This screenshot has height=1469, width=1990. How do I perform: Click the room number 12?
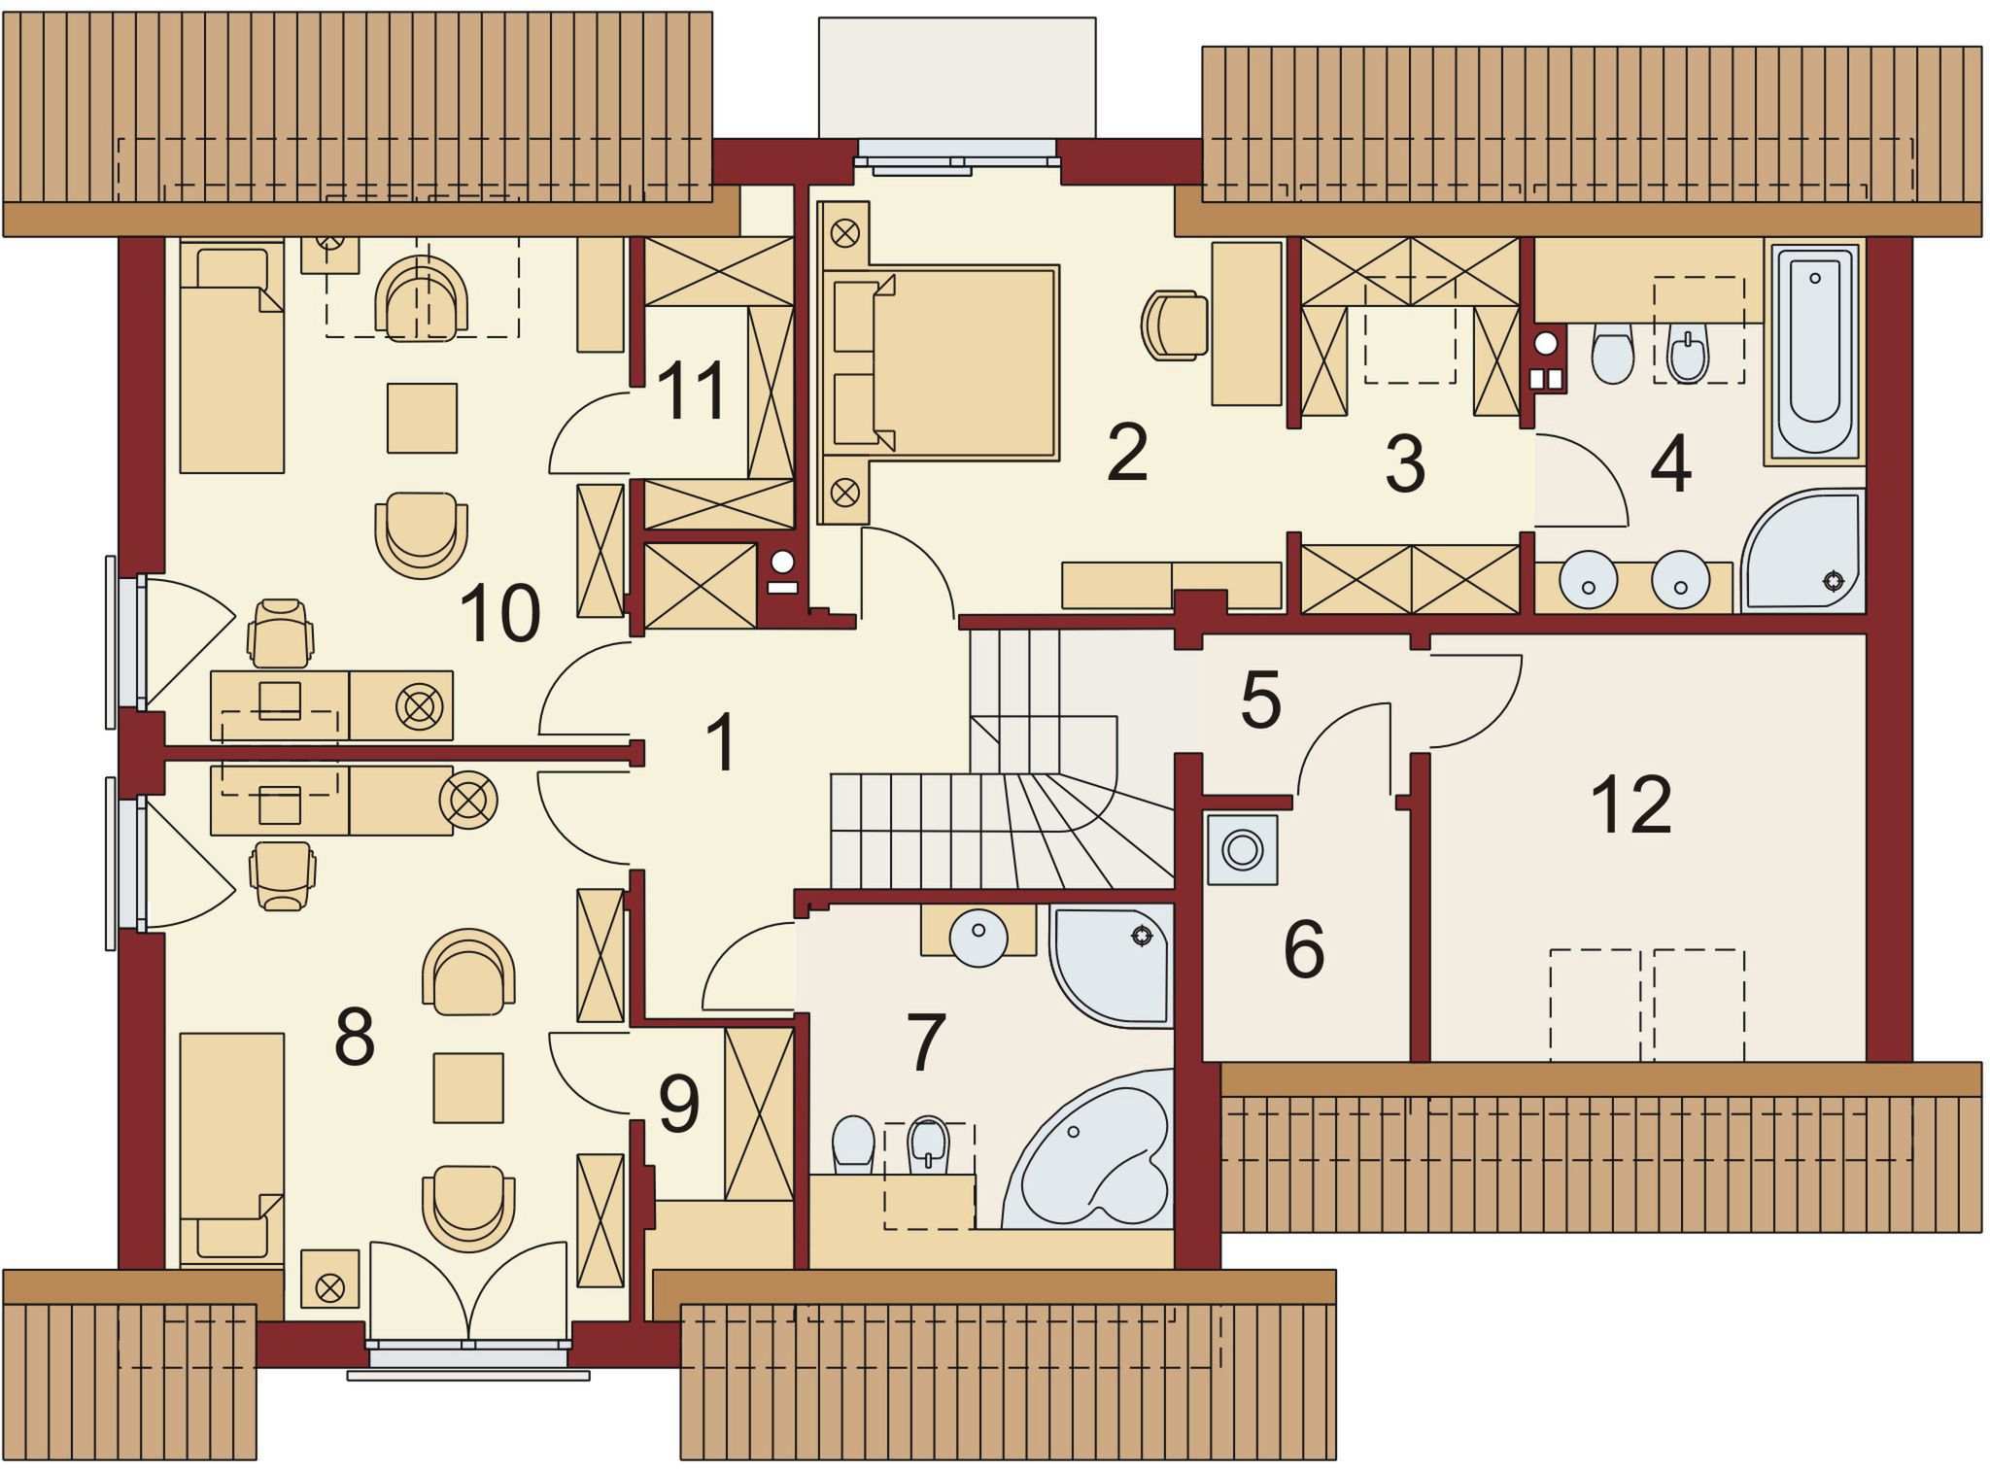pyautogui.click(x=1631, y=805)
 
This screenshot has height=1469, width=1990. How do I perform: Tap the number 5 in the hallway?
pyautogui.click(x=1260, y=700)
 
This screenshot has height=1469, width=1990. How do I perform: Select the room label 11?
pyautogui.click(x=692, y=391)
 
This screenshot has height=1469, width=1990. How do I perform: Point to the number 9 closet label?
pyautogui.click(x=679, y=1105)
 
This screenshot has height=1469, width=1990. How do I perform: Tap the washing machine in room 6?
pyautogui.click(x=1242, y=849)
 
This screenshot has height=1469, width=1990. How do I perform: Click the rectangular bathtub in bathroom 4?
pyautogui.click(x=1815, y=351)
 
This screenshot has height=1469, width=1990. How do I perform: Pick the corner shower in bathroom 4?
pyautogui.click(x=1803, y=551)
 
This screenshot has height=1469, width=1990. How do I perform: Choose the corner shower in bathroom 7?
pyautogui.click(x=1112, y=965)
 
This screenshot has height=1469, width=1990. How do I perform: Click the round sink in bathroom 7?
pyautogui.click(x=978, y=938)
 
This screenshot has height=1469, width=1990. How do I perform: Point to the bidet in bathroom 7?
pyautogui.click(x=928, y=1144)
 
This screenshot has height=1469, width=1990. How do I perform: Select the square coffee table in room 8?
pyautogui.click(x=468, y=1088)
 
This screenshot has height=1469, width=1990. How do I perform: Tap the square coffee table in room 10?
pyautogui.click(x=422, y=418)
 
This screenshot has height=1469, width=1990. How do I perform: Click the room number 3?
pyautogui.click(x=1405, y=463)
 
